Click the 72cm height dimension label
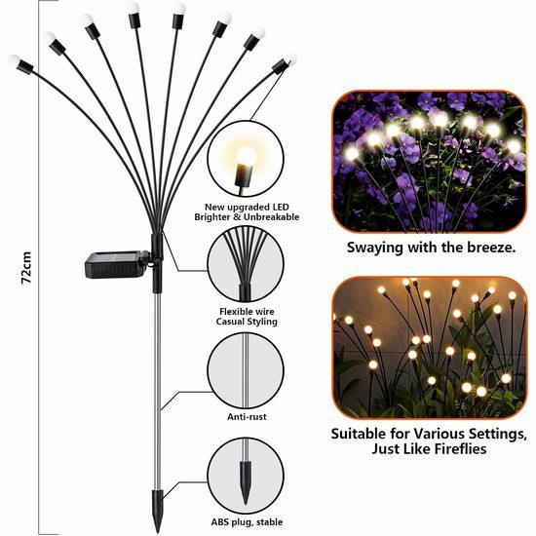(x=26, y=268)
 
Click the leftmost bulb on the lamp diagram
(x=14, y=60)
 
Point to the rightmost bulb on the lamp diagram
(x=291, y=60)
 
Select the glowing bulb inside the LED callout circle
(x=247, y=156)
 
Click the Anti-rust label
(x=247, y=417)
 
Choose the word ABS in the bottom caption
(x=219, y=522)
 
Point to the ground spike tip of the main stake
(x=157, y=531)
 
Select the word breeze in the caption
(x=491, y=247)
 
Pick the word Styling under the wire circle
(x=262, y=322)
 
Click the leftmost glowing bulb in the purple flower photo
(x=352, y=154)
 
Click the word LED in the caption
(x=281, y=208)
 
